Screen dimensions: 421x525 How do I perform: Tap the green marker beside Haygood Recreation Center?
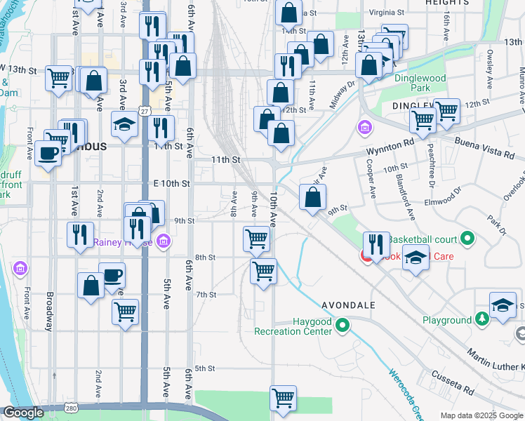(x=343, y=325)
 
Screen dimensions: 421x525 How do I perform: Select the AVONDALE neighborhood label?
(x=349, y=305)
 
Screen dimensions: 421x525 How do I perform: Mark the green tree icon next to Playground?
(x=482, y=320)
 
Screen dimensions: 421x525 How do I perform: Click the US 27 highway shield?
(x=144, y=111)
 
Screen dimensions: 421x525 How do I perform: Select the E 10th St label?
(x=171, y=183)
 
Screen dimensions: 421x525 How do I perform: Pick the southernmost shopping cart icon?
(x=283, y=398)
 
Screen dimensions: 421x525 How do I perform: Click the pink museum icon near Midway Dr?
(x=365, y=128)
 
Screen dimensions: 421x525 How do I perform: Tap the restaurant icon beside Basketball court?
(x=376, y=244)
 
